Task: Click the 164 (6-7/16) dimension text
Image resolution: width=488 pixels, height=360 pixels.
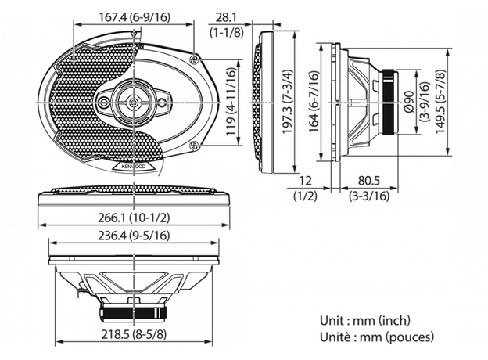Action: click(x=314, y=101)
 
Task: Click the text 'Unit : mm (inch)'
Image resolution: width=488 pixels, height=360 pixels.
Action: click(x=365, y=321)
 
